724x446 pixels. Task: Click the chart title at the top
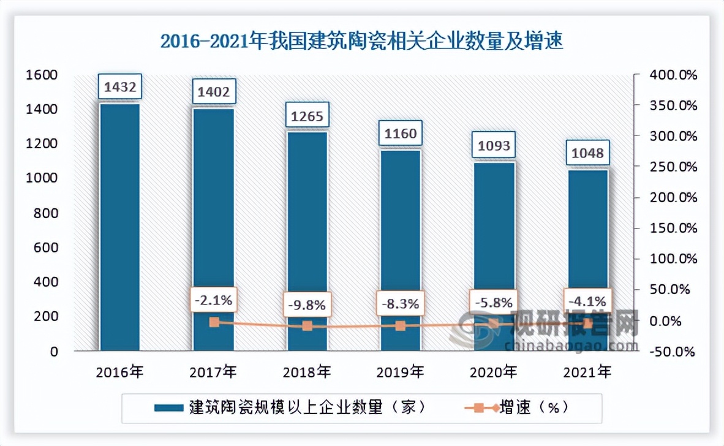[361, 42]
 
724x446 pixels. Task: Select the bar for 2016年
[120, 227]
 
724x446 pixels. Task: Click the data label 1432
[120, 86]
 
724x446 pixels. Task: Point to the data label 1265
[307, 115]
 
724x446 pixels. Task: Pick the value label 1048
[587, 153]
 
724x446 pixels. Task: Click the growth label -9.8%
[307, 304]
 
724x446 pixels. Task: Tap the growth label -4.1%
[587, 301]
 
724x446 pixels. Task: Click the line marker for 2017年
[214, 322]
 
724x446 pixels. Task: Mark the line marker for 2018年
[307, 326]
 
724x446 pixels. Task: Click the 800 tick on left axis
[47, 213]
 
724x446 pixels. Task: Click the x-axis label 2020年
[494, 371]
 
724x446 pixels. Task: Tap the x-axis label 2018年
[307, 371]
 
